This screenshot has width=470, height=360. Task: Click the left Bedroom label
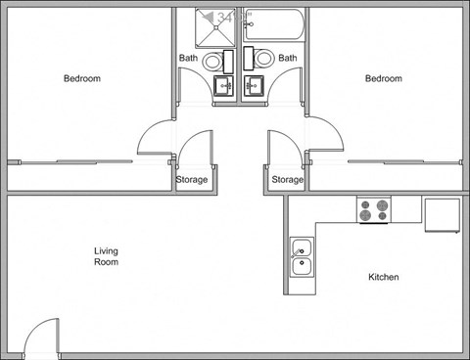82,78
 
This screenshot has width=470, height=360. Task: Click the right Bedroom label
384,78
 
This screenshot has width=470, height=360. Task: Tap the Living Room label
106,256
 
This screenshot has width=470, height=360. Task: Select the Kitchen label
383,277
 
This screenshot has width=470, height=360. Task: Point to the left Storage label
191,180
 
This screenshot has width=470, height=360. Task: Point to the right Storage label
287,180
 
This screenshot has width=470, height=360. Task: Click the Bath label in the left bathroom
189,58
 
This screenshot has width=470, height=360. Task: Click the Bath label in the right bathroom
287,58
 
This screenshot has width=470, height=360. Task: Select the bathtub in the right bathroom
274,26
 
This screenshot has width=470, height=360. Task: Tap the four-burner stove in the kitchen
373,209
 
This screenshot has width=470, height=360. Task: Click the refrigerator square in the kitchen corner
441,213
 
